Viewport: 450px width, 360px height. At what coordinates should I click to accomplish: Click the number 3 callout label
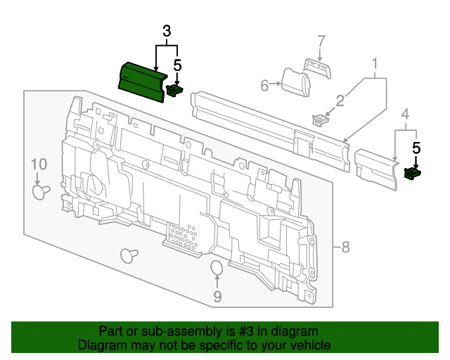coord(167,31)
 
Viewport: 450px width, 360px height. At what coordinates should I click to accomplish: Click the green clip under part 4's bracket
coord(413,172)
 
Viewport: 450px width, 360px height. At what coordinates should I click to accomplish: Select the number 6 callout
coord(265,86)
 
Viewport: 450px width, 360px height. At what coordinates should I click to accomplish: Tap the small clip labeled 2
coord(321,119)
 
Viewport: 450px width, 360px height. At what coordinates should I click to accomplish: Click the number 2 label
coord(340,101)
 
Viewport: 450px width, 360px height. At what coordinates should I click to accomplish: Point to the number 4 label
coord(405,114)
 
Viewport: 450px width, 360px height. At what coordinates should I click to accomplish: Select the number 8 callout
coord(345,247)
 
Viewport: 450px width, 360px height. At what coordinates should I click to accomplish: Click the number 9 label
coord(217,297)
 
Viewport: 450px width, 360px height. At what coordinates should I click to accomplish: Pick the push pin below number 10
coord(41,191)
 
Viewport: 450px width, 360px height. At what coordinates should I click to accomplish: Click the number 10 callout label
coord(39,165)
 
